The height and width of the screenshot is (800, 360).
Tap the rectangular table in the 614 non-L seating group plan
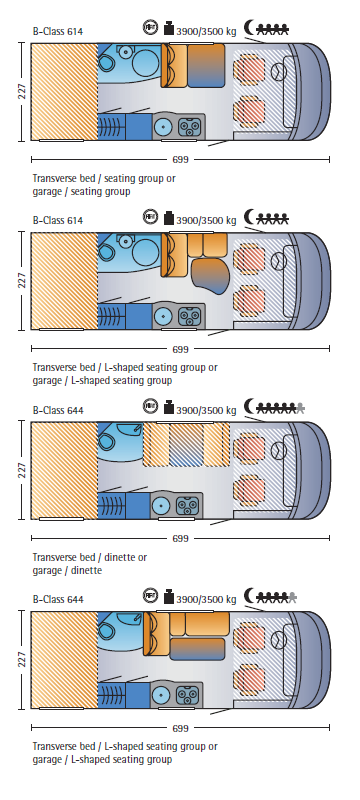pos(206,66)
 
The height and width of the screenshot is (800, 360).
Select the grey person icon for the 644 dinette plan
pos(300,408)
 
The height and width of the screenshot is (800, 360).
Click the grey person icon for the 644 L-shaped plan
pos(292,597)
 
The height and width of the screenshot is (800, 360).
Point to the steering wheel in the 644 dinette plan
pos(278,451)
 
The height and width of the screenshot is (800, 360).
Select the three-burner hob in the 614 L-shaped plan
pos(189,317)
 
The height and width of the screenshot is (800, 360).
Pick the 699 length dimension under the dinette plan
pos(180,538)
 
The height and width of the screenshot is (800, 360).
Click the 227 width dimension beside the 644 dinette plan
pos(22,470)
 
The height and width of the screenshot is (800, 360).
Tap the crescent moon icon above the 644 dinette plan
pos(249,407)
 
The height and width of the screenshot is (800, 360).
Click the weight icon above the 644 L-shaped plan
pos(169,596)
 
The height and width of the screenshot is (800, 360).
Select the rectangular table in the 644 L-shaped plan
pos(197,649)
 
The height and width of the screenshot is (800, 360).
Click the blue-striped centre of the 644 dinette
pos(186,445)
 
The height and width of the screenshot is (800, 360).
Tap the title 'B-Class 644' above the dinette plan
pos(58,410)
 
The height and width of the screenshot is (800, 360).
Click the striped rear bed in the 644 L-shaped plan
pos(64,660)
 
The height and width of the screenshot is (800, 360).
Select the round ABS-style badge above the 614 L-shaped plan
pos(150,217)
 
